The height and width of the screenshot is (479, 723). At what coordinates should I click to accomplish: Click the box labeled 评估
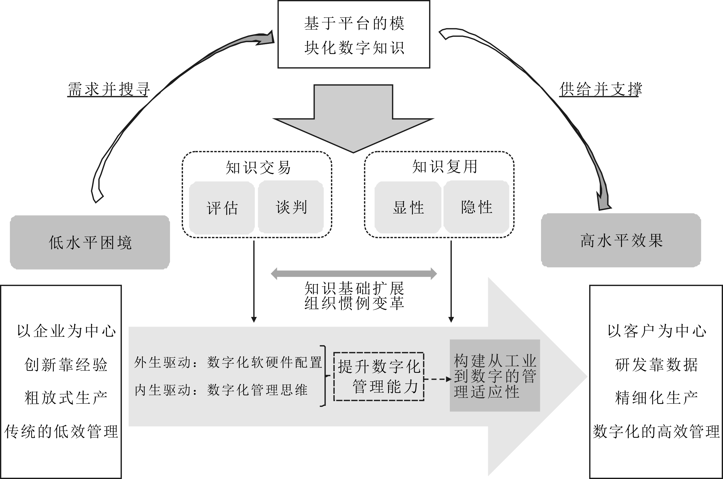click(222, 208)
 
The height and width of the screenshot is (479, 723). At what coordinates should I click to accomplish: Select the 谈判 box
click(291, 207)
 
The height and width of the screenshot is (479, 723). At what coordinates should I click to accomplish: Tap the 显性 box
click(408, 207)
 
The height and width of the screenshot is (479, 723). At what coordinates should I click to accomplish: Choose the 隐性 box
click(476, 207)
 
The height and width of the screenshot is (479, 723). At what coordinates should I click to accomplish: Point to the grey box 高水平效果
click(621, 240)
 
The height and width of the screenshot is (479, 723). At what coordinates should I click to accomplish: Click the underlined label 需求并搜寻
click(108, 89)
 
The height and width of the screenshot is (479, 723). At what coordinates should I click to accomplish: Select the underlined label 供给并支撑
click(600, 89)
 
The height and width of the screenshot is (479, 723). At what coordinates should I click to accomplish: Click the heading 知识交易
click(258, 167)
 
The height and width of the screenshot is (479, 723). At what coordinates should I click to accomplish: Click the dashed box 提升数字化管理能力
click(379, 376)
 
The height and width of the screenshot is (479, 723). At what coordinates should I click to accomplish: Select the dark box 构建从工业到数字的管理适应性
click(495, 376)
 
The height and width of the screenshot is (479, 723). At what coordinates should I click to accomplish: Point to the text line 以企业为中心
click(66, 331)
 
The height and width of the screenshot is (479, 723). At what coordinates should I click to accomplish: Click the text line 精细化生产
click(656, 398)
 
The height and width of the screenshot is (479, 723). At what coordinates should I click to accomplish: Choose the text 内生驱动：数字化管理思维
click(221, 390)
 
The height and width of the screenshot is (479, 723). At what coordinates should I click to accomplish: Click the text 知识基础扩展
click(354, 288)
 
